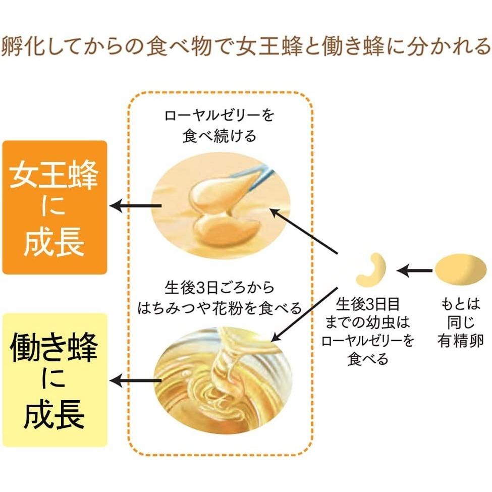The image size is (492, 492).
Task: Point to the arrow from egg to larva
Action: (414, 271)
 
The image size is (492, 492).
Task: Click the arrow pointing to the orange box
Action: (135, 205)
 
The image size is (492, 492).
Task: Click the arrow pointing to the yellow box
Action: (135, 380)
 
